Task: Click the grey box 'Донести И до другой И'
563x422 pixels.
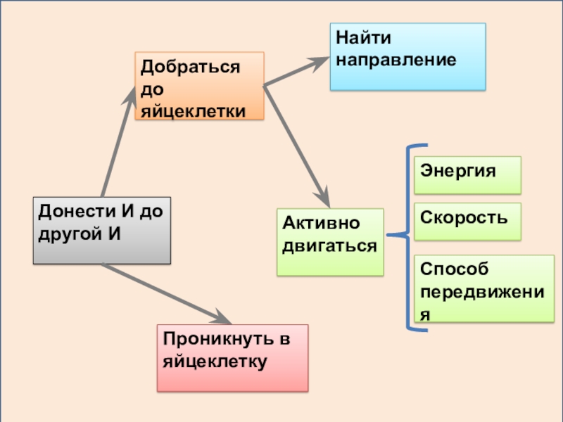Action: (x=102, y=230)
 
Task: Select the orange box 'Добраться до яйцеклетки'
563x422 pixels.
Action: (x=200, y=85)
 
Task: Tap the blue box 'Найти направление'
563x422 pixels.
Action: (x=407, y=56)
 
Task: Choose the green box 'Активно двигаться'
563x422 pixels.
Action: (x=330, y=241)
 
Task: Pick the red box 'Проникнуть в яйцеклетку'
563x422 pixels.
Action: (x=232, y=357)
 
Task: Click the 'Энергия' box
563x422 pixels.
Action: (x=467, y=174)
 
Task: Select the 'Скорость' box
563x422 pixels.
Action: (x=467, y=221)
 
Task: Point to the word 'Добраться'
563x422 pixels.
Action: (x=190, y=68)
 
